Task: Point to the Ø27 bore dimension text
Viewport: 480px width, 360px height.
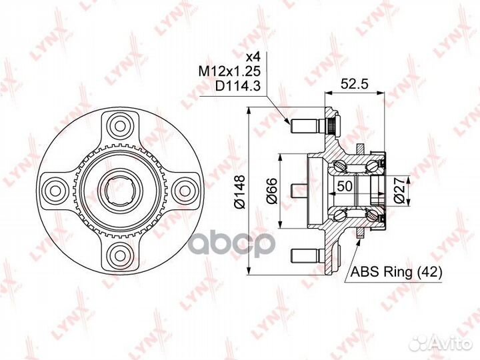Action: click(399, 191)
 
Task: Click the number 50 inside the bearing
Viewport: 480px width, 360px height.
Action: click(345, 186)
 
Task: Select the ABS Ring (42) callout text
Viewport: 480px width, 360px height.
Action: click(397, 272)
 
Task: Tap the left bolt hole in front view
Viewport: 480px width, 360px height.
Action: click(55, 189)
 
